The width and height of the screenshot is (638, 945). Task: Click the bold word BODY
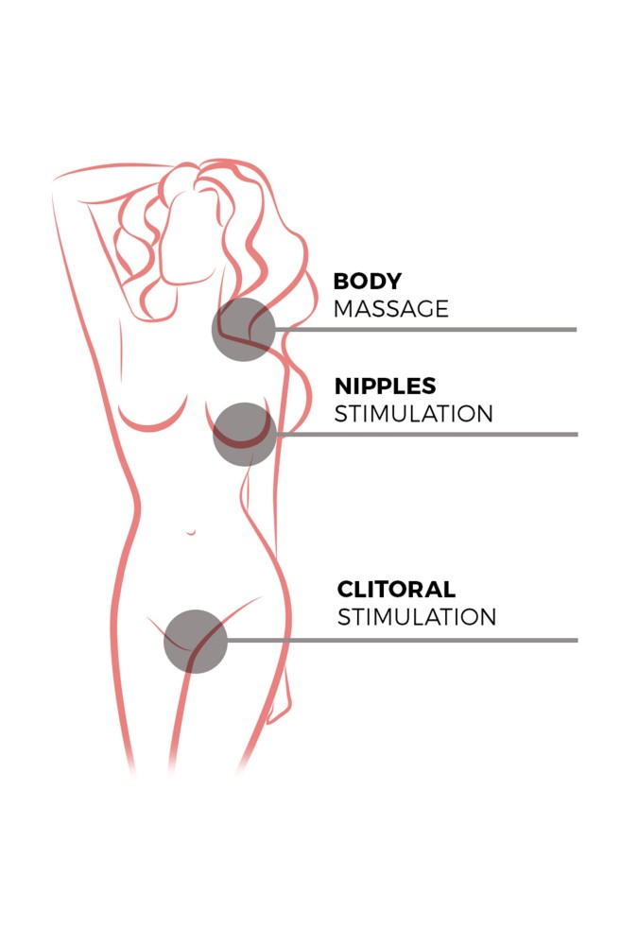tap(368, 281)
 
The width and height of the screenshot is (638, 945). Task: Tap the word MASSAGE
tap(391, 309)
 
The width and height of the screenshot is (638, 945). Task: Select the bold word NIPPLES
tap(386, 386)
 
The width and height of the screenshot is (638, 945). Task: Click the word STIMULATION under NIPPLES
tap(414, 414)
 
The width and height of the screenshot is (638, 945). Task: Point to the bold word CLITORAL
tap(396, 589)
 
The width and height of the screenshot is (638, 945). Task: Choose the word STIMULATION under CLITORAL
tap(417, 617)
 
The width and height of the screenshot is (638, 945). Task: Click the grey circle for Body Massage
tap(244, 329)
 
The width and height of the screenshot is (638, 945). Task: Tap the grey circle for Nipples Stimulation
tap(245, 434)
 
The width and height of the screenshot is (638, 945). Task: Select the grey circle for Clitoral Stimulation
tap(196, 642)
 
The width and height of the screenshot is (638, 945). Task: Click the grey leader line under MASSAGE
tap(425, 330)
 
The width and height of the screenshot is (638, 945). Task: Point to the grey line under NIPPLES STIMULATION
tap(427, 434)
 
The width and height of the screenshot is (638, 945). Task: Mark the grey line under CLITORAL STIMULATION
tap(403, 640)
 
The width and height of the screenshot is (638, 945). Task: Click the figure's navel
tap(191, 533)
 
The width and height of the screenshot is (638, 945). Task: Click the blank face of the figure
tap(188, 238)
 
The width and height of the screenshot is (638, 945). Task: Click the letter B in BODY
tap(340, 281)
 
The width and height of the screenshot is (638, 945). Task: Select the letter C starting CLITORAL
tap(346, 589)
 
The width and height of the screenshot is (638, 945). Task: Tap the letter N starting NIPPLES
tap(343, 386)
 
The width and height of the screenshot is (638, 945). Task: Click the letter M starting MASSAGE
tap(344, 309)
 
